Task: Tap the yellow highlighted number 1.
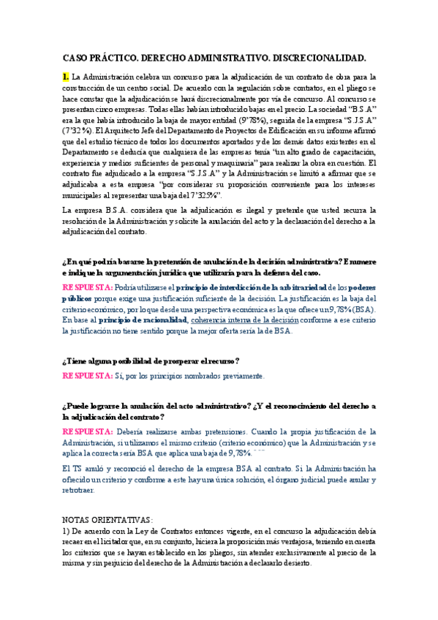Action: coord(66,77)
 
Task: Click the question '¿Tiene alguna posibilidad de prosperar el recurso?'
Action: coord(151,360)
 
